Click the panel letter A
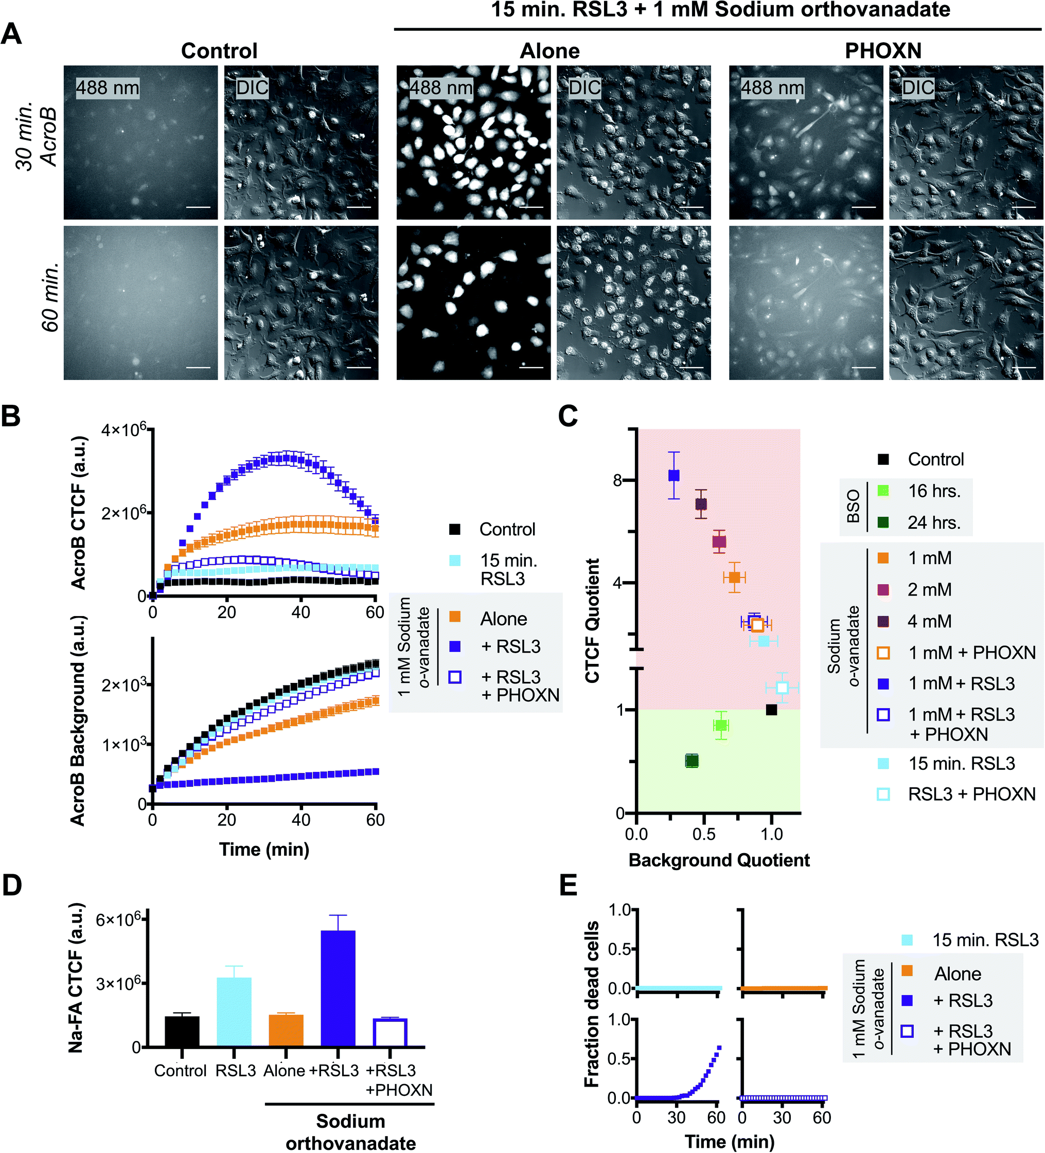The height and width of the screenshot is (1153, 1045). (11, 34)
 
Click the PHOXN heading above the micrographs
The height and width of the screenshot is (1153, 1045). (882, 51)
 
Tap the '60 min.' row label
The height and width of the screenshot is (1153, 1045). (50, 297)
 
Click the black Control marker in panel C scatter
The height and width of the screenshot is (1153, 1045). (771, 710)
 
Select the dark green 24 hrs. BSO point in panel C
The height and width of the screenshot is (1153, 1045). (692, 761)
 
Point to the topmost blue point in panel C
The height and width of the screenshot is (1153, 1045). (674, 475)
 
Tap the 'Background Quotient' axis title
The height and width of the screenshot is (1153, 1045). (719, 860)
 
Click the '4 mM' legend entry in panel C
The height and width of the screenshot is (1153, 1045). (929, 621)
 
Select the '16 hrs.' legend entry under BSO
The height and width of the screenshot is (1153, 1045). (933, 491)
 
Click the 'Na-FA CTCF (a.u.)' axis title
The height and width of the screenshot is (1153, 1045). (76, 978)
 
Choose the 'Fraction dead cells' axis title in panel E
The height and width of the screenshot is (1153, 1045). (591, 1004)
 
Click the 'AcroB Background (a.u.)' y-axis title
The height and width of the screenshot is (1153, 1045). (77, 720)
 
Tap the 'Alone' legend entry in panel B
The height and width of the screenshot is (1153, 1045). (503, 619)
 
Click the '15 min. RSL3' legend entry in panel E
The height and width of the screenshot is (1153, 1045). (984, 940)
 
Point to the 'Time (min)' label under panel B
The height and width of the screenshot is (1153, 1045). (264, 849)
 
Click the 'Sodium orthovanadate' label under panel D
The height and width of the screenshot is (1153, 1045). (350, 1132)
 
